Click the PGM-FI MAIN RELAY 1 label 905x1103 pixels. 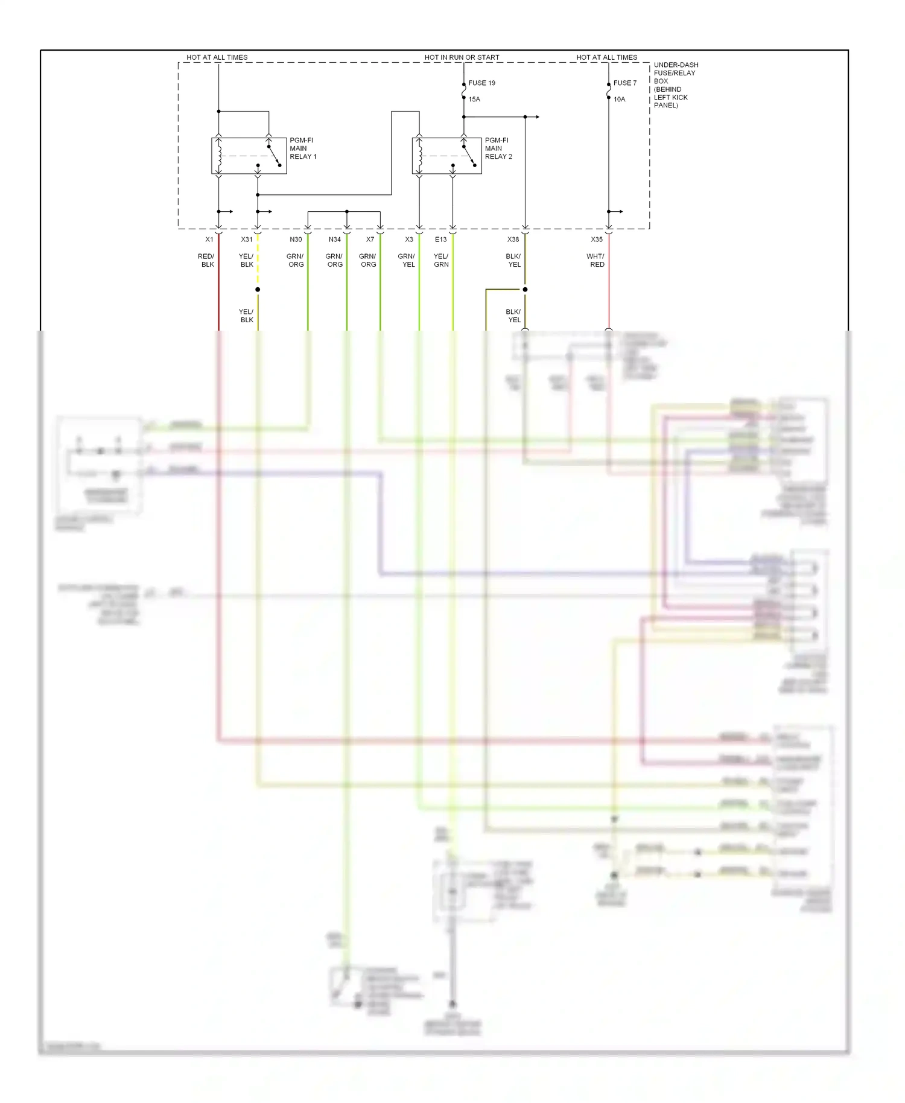tap(302, 148)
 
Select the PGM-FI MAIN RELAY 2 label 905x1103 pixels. tap(498, 148)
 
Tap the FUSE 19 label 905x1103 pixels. tap(481, 83)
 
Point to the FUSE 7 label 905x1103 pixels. tap(624, 83)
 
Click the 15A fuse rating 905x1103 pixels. tap(474, 100)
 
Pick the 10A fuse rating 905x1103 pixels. tap(619, 100)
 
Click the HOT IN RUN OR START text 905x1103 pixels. tap(462, 57)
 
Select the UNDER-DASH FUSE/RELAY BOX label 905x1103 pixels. tap(675, 84)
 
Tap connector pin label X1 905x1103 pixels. tap(209, 240)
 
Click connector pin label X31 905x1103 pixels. tap(247, 240)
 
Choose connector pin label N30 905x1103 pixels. tap(296, 240)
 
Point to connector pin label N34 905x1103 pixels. tap(335, 240)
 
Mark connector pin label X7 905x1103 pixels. tap(370, 240)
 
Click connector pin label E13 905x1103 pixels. tap(441, 240)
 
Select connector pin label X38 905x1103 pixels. tap(513, 240)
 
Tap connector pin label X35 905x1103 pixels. tap(597, 240)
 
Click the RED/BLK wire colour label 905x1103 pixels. tap(206, 261)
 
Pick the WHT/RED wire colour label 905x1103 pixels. tap(595, 261)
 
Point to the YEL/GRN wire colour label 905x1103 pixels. tap(441, 261)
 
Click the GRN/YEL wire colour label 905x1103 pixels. tap(407, 261)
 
